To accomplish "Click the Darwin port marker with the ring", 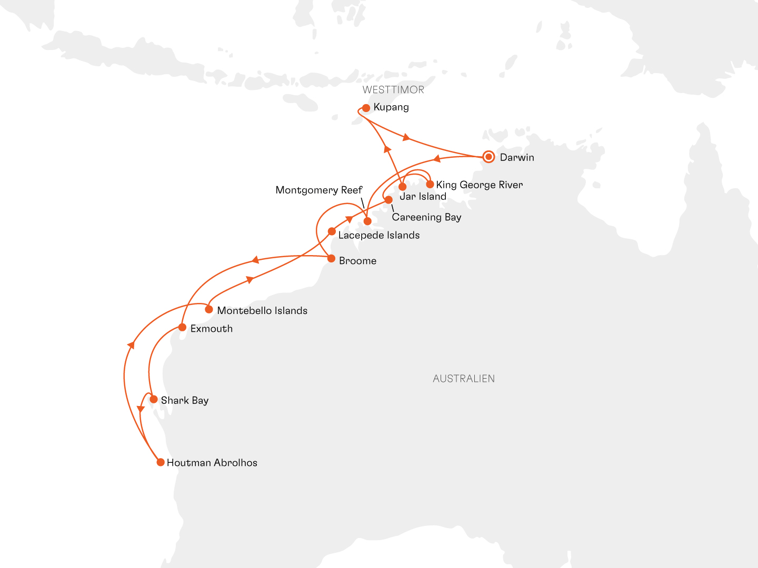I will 488,157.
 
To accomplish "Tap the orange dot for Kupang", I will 366,108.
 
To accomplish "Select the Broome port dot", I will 331,258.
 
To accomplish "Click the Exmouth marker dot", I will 182,327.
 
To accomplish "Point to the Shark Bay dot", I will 154,399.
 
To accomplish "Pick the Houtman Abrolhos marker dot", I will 161,462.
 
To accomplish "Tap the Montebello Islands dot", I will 209,309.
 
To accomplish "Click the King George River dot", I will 430,184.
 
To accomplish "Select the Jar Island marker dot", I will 403,187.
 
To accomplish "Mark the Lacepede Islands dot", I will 332,231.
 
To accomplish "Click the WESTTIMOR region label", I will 393,90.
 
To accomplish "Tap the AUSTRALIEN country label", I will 464,379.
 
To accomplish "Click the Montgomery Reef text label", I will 319,190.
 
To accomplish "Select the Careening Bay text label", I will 426,217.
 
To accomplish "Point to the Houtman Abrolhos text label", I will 212,463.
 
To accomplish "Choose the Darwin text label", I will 517,157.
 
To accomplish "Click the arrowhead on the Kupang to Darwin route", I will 406,138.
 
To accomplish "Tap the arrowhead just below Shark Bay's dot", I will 141,409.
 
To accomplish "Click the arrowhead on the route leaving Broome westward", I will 255,260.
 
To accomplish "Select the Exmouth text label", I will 212,329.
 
